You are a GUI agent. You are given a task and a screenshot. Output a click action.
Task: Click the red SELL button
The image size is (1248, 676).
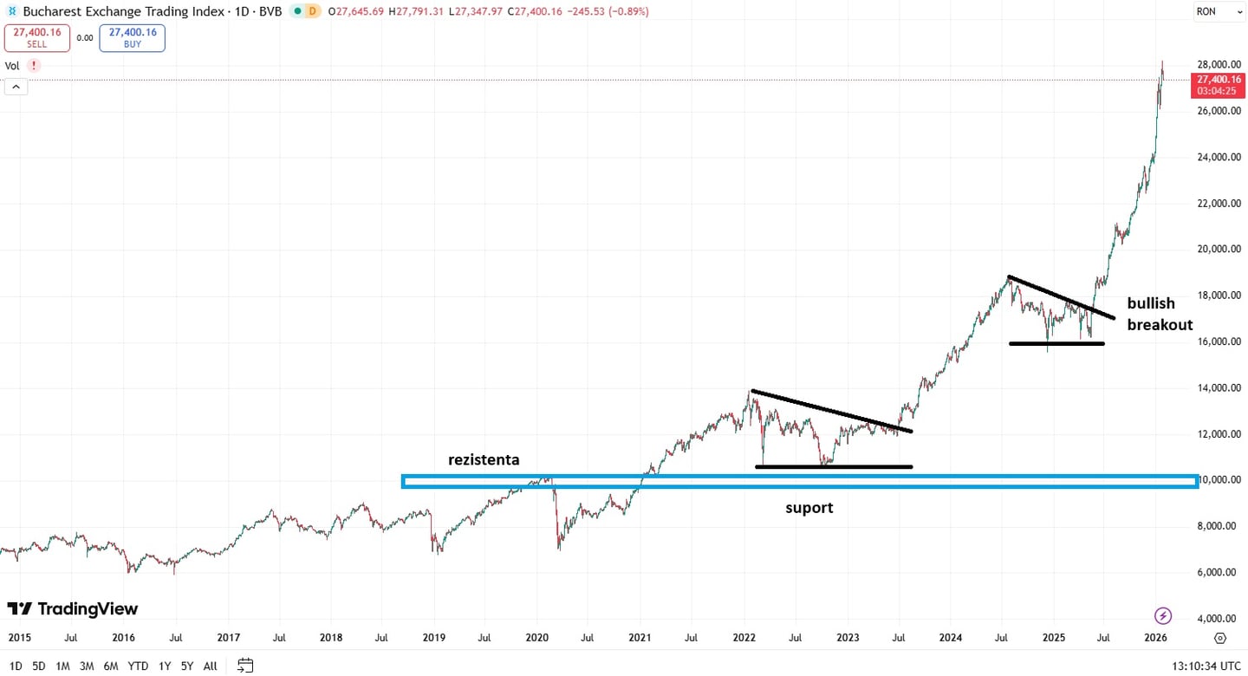click(36, 37)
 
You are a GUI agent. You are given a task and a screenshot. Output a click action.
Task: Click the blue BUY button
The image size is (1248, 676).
click(132, 37)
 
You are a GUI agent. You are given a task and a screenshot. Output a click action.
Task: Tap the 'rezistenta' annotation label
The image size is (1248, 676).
click(484, 459)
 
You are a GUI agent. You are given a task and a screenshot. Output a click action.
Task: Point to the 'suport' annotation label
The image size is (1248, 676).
click(809, 508)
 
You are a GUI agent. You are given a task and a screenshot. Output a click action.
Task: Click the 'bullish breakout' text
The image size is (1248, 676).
click(1159, 314)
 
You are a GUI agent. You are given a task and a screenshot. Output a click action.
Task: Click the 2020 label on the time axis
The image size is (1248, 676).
click(537, 638)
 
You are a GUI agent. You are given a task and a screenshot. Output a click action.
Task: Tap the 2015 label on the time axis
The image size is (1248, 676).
click(20, 638)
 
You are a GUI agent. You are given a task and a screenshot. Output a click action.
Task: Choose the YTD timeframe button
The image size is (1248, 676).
click(138, 666)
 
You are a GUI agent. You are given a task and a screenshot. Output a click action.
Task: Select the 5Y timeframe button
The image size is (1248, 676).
click(187, 666)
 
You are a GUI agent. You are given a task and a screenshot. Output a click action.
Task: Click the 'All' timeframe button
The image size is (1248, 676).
click(210, 666)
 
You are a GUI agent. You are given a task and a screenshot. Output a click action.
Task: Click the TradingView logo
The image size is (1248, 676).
click(73, 609)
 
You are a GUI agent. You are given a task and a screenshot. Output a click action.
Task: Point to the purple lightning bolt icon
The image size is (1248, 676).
click(1163, 616)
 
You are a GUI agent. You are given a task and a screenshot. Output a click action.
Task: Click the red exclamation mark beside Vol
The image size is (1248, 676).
click(34, 66)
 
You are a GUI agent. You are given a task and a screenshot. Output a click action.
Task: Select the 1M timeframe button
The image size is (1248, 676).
click(62, 666)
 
